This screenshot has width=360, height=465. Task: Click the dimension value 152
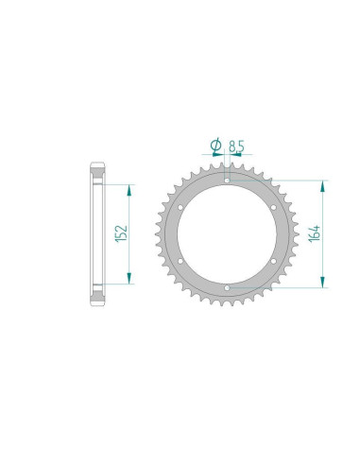coord(122,233)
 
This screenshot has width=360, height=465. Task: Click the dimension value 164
coord(315,233)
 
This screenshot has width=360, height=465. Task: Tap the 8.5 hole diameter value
coord(236,146)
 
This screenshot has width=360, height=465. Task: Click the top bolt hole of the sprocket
coord(227,181)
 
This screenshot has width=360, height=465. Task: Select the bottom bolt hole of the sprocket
coord(227,288)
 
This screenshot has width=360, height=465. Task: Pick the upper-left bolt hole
coord(180,208)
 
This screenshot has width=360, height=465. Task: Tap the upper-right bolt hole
coord(273,207)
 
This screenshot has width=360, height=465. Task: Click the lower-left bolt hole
coord(180,261)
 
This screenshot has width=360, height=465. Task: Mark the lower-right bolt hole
coord(273,261)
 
